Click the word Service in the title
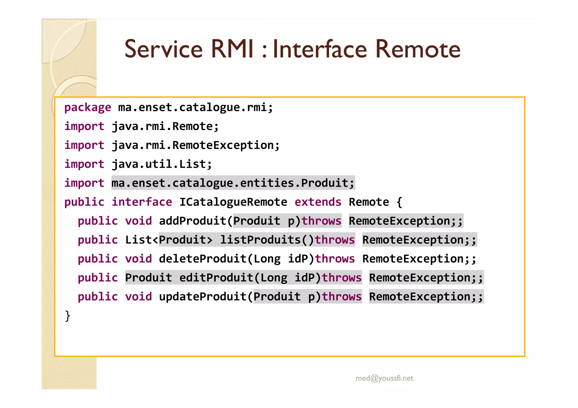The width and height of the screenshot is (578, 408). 163,49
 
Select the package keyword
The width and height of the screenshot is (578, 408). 87,107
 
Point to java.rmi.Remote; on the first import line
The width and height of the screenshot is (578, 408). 165,126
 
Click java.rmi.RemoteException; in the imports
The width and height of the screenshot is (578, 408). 196,145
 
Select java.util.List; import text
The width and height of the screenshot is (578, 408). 162,164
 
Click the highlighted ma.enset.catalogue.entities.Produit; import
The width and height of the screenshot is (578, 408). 233,183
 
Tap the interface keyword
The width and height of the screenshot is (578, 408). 142,202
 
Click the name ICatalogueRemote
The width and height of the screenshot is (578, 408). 233,202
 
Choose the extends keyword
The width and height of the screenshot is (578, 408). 318,202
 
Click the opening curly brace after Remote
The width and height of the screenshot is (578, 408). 399,202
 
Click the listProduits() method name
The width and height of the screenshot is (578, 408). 267,240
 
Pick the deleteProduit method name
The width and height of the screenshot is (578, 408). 203,259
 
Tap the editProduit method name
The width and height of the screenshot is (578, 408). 216,278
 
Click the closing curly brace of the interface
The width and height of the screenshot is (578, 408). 67,316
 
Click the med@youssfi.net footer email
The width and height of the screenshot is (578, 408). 384,378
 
